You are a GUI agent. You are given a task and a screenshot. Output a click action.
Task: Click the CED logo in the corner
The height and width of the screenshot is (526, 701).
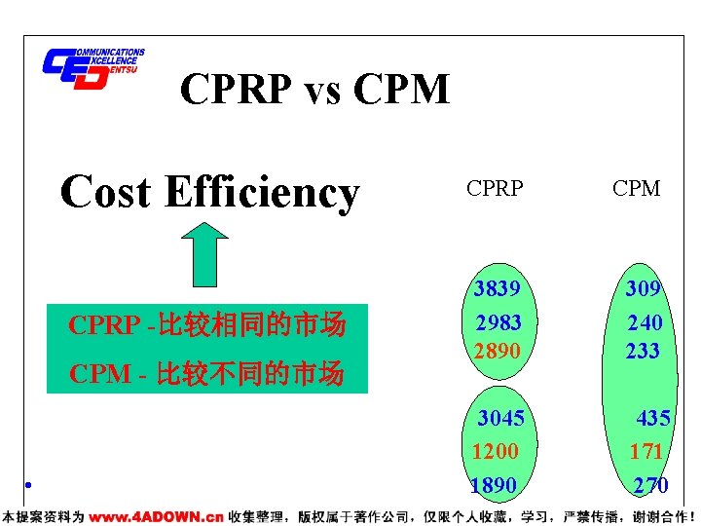(92, 68)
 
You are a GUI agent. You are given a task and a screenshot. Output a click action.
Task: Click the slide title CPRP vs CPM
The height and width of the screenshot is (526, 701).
(314, 91)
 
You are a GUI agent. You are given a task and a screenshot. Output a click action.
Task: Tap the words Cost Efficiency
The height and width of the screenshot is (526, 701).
(209, 191)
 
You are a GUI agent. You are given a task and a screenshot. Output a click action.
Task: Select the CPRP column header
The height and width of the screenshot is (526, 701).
(495, 189)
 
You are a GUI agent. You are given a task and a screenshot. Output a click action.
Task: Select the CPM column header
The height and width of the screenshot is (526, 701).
(637, 189)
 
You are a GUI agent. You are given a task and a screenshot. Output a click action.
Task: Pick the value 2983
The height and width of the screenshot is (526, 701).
(498, 322)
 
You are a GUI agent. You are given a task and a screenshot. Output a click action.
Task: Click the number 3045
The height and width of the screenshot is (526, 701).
(500, 419)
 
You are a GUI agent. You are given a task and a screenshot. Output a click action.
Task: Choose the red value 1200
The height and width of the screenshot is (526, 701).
(496, 451)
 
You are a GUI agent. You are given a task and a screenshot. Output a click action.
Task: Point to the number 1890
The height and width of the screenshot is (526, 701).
(494, 485)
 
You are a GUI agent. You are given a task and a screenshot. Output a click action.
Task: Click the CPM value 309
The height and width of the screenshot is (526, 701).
(644, 289)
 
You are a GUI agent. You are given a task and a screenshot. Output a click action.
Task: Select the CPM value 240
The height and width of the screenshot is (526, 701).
(644, 322)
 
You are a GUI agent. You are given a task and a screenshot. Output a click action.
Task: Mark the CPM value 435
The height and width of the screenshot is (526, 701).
(652, 419)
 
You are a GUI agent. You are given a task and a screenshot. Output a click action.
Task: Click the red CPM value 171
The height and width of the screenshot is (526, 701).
(646, 451)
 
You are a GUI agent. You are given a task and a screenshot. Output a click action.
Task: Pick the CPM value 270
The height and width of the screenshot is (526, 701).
(649, 485)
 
